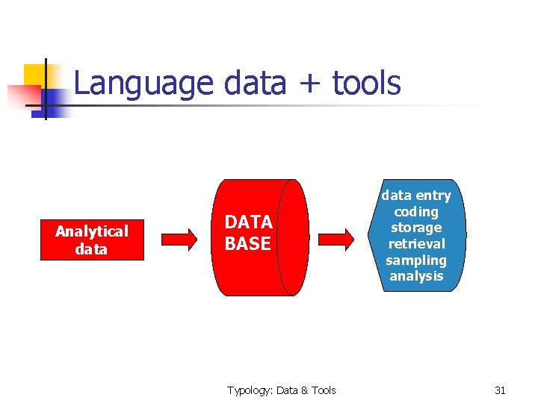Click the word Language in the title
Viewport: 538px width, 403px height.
144,84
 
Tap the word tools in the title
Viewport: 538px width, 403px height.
366,84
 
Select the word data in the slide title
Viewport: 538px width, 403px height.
254,84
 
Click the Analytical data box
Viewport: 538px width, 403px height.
91,240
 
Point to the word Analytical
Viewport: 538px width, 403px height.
91,231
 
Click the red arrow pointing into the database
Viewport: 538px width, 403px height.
179,238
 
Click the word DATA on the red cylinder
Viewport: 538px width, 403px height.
248,222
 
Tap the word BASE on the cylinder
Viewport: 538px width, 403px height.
247,243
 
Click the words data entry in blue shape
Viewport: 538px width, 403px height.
416,196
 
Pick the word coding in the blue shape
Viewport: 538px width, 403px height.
416,211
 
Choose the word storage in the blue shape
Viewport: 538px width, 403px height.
416,228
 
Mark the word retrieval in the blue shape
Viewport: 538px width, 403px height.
416,244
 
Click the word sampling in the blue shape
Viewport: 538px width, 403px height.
416,260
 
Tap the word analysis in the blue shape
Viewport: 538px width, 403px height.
416,276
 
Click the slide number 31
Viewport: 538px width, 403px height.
500,390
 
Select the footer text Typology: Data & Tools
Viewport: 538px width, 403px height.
282,390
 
